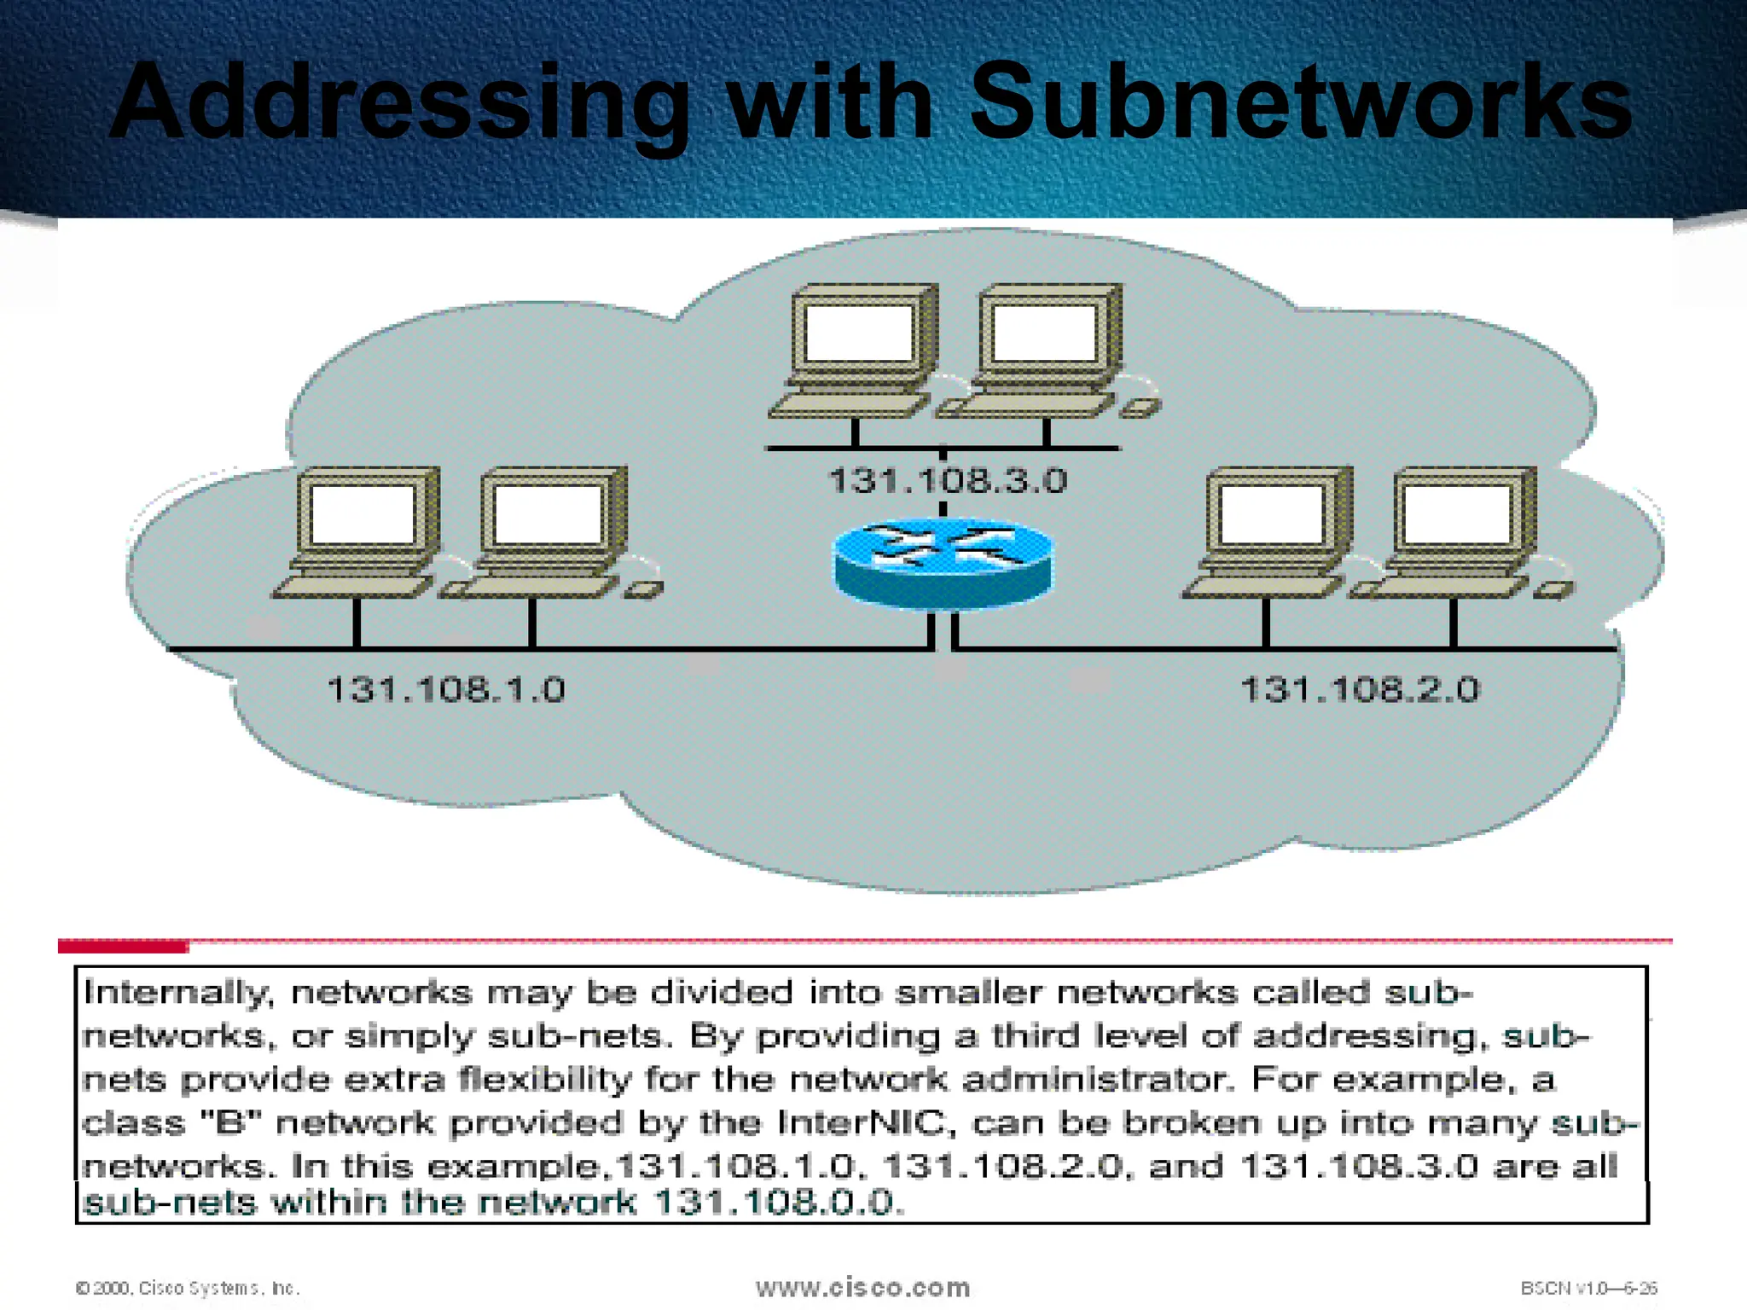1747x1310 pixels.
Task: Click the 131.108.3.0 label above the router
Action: coord(948,481)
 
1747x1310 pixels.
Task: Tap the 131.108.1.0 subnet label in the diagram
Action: coord(446,689)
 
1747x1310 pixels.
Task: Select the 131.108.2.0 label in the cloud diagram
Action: coord(1361,689)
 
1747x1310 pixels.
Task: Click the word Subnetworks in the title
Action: coord(1300,102)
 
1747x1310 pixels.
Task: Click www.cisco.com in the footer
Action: coord(862,1287)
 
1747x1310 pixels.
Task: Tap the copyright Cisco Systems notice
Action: coord(188,1288)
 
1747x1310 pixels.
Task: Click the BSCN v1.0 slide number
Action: coord(1588,1288)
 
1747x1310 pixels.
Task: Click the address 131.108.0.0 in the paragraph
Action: coord(775,1203)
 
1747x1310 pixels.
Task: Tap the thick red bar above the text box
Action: coord(123,946)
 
